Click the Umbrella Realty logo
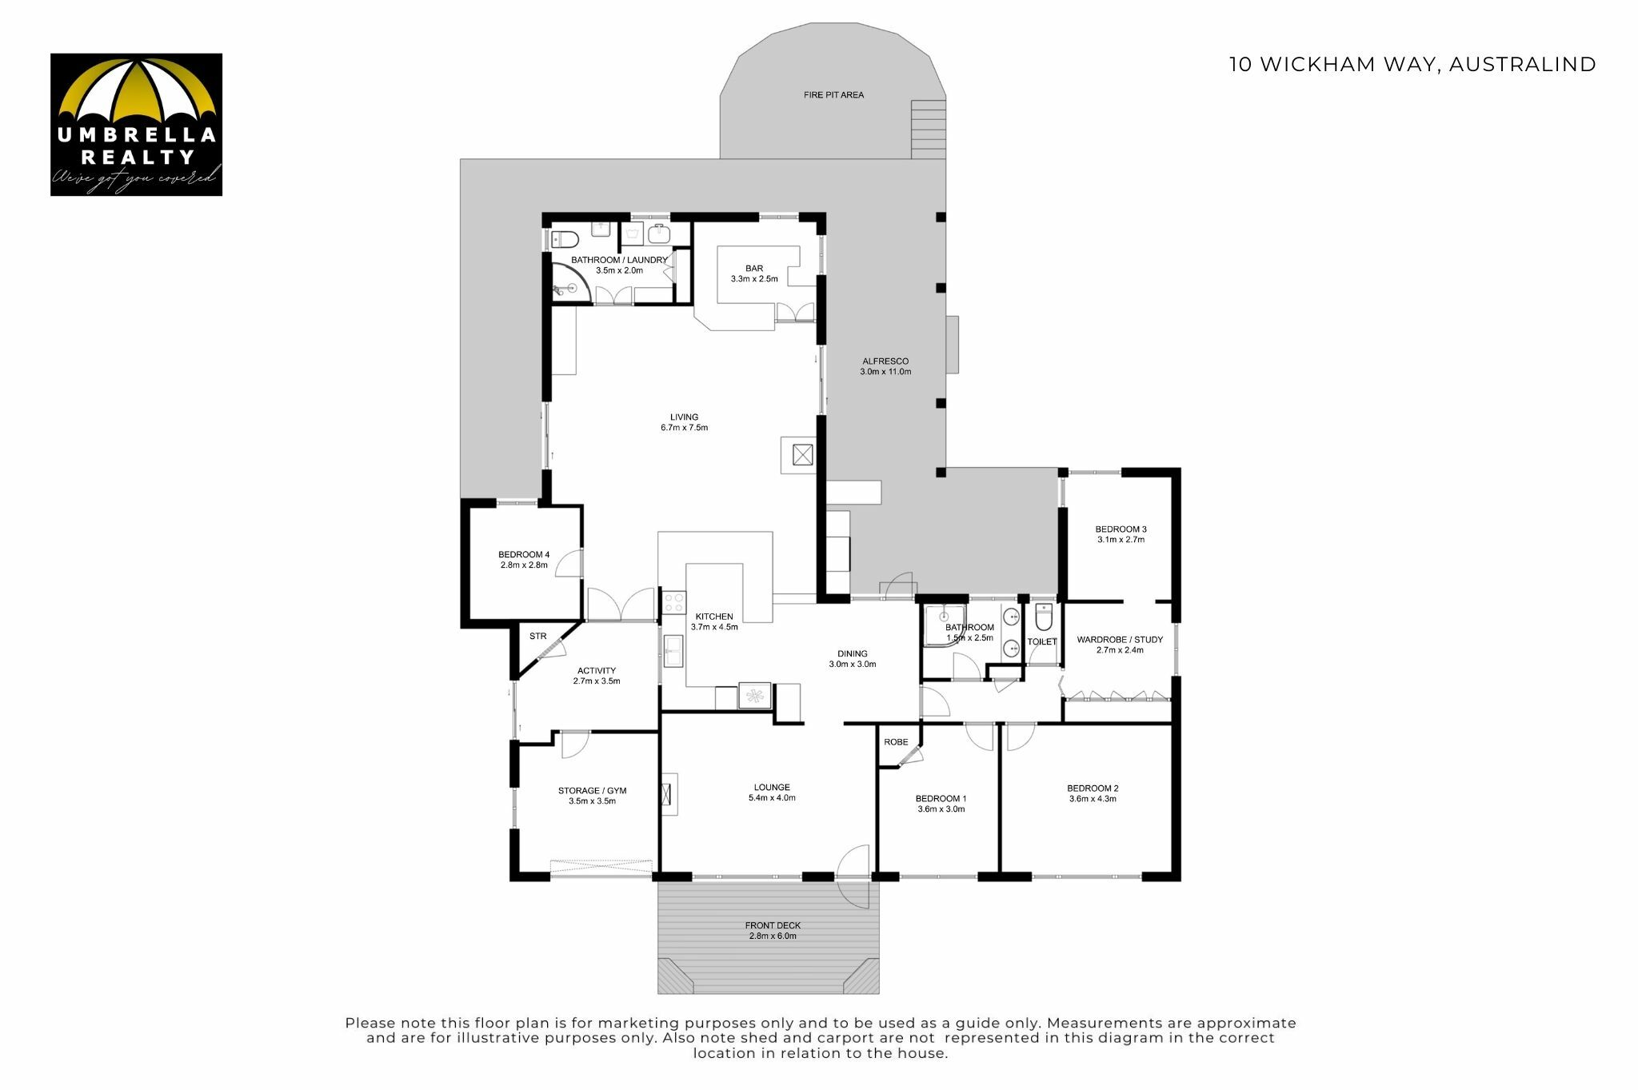point(136,125)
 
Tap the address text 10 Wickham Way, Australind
point(1412,65)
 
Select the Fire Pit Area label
point(833,95)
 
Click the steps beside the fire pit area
point(929,129)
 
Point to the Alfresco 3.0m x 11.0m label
point(885,366)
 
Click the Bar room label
point(754,273)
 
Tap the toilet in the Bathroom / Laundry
point(565,238)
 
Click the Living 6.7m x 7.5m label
point(684,422)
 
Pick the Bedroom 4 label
point(524,560)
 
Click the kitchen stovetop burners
point(674,602)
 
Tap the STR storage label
point(537,637)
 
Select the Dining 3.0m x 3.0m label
point(853,659)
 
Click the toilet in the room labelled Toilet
point(1044,617)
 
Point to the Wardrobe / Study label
point(1120,645)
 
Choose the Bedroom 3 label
point(1121,534)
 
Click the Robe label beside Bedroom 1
point(896,742)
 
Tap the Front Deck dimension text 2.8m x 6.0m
point(773,936)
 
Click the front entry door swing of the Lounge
point(853,876)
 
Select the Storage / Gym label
point(592,796)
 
